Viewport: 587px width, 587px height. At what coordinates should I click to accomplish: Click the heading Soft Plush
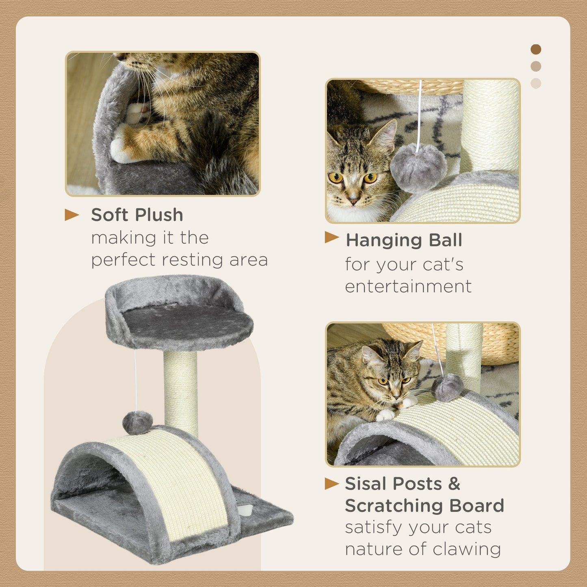tap(137, 215)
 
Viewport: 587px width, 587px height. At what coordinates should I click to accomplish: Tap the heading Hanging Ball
tap(404, 240)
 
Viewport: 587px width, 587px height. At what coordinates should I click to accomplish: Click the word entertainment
tap(408, 286)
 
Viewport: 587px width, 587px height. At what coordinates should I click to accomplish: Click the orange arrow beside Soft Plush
tap(72, 215)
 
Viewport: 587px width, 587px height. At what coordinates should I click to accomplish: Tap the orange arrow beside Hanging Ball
tap(331, 237)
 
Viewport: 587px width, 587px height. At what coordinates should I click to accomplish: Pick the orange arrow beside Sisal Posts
tap(331, 483)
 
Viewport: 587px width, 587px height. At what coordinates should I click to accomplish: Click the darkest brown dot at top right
tap(536, 50)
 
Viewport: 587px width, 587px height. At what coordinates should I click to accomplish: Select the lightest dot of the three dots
tap(536, 83)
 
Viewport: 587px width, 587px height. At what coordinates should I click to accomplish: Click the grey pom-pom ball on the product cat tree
tap(137, 423)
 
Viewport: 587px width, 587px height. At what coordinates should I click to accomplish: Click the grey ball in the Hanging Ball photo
tap(418, 167)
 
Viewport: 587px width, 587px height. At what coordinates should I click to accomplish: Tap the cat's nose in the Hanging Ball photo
tap(353, 201)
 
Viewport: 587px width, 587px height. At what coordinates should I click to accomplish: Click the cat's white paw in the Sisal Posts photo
tap(385, 415)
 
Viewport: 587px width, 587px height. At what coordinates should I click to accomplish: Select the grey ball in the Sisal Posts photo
tap(448, 387)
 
